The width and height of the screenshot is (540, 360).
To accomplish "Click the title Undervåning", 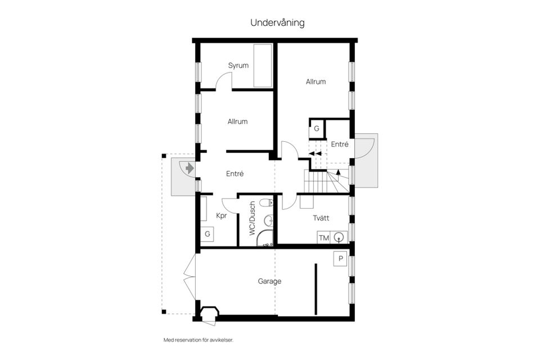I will click(277, 23).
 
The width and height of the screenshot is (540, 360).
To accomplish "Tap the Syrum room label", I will click(238, 66).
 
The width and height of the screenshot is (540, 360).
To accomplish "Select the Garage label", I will click(269, 281).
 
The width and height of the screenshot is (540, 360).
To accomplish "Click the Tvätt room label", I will click(321, 218).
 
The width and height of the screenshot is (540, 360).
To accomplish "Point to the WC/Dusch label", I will click(253, 218).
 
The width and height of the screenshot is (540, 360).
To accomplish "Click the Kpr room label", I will click(222, 215).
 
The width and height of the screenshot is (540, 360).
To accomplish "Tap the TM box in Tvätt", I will click(323, 238).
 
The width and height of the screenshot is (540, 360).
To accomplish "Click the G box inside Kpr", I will click(208, 233).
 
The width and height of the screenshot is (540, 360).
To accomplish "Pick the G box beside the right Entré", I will click(317, 128).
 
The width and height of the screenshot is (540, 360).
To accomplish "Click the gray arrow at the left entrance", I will click(188, 168).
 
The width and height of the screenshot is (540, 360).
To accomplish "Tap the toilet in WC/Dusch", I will click(269, 202).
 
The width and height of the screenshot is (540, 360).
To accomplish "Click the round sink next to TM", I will click(339, 237).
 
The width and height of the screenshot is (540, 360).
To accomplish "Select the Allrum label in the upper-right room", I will click(316, 82).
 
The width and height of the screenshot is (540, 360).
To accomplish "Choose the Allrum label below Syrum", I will click(237, 121).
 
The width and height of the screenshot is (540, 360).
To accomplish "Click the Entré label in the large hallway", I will click(235, 174).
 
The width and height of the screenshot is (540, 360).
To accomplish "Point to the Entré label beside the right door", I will click(339, 145).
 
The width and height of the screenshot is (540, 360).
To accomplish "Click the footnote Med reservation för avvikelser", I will click(198, 340).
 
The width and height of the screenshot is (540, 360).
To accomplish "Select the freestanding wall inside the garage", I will click(316, 290).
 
